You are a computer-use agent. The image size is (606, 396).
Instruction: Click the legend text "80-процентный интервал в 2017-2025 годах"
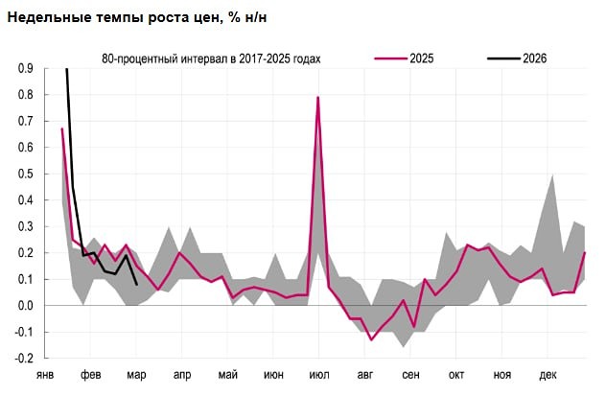tap(211, 58)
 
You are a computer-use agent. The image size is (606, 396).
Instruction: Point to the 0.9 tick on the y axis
tap(26, 69)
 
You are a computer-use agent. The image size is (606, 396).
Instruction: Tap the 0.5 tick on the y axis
tap(26, 175)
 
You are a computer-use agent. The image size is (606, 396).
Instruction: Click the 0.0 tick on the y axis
tap(26, 306)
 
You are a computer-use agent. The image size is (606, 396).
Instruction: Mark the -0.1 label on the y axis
tap(24, 333)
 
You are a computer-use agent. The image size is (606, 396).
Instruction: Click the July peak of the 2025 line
tap(317, 98)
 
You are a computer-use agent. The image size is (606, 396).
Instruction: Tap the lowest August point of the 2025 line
tap(371, 339)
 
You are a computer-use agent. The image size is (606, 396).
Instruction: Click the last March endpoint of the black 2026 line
tap(137, 285)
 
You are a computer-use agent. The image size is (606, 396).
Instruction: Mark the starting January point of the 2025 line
tap(62, 128)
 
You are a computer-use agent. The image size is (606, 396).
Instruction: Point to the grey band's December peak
tap(551, 175)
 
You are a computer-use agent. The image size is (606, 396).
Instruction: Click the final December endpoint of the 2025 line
tap(585, 253)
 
